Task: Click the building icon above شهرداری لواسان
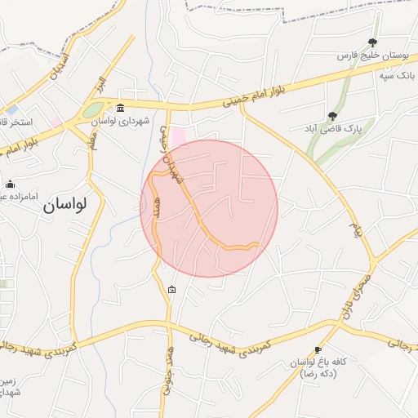pos(121,109)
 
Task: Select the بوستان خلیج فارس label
pos(373,57)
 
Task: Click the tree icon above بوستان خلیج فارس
pos(373,43)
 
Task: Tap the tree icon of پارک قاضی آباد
pos(331,116)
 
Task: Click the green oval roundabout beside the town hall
pos(93,109)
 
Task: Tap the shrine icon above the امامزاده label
pos(9,184)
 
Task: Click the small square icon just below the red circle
pos(171,289)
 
